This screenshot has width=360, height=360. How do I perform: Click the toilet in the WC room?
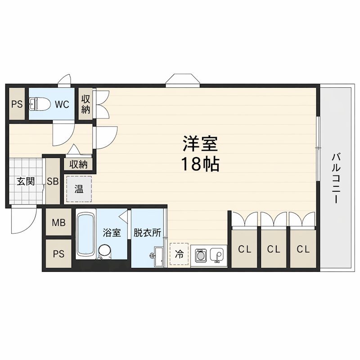[x=40, y=104]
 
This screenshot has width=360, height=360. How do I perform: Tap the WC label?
[x=62, y=104]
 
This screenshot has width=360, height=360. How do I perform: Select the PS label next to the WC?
[x=17, y=104]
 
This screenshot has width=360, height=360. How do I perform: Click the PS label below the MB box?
[x=58, y=253]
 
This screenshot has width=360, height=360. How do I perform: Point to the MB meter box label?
[x=58, y=223]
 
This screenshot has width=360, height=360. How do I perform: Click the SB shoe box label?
[x=53, y=181]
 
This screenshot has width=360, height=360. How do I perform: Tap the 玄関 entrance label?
[x=26, y=181]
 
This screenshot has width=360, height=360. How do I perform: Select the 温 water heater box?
[x=79, y=189]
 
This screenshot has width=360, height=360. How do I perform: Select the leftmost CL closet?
[x=244, y=249]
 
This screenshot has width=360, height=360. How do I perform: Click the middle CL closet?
[x=273, y=249]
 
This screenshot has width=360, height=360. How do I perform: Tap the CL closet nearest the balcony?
[x=302, y=249]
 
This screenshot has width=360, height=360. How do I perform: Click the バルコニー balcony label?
[x=335, y=178]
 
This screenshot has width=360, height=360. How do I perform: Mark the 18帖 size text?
[x=200, y=165]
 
